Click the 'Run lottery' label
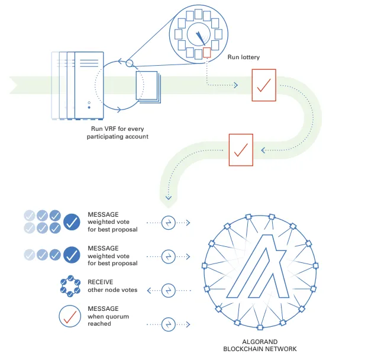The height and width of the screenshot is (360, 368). click(244, 57)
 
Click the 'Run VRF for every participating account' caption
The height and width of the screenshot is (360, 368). click(116, 133)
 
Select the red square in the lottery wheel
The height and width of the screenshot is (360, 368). click(206, 53)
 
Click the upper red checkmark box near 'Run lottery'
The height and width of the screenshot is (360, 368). click(263, 85)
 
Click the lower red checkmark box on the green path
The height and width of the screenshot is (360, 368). click(241, 149)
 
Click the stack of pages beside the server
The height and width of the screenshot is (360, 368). click(147, 86)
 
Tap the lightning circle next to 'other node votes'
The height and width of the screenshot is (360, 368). click(169, 290)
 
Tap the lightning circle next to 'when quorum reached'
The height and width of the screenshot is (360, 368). click(169, 323)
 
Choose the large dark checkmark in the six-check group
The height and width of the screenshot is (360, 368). click(72, 222)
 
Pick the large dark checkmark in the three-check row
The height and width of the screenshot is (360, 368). click(72, 255)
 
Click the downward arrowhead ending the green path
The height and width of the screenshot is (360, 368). click(169, 198)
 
